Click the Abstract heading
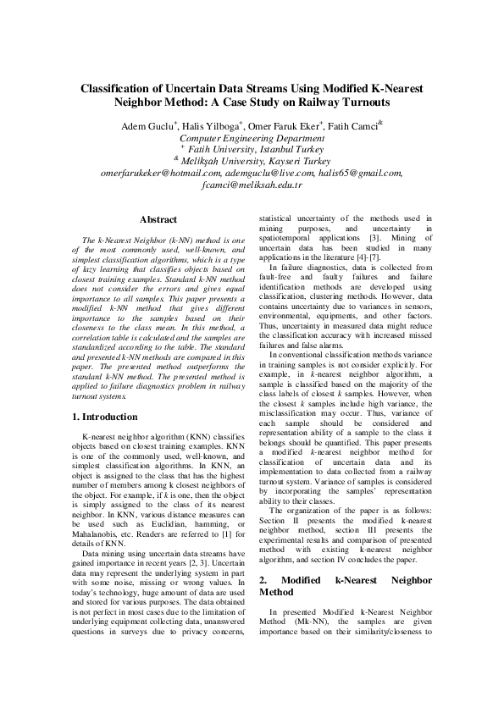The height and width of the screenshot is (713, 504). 158,219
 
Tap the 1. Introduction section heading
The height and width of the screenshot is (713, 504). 104,417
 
